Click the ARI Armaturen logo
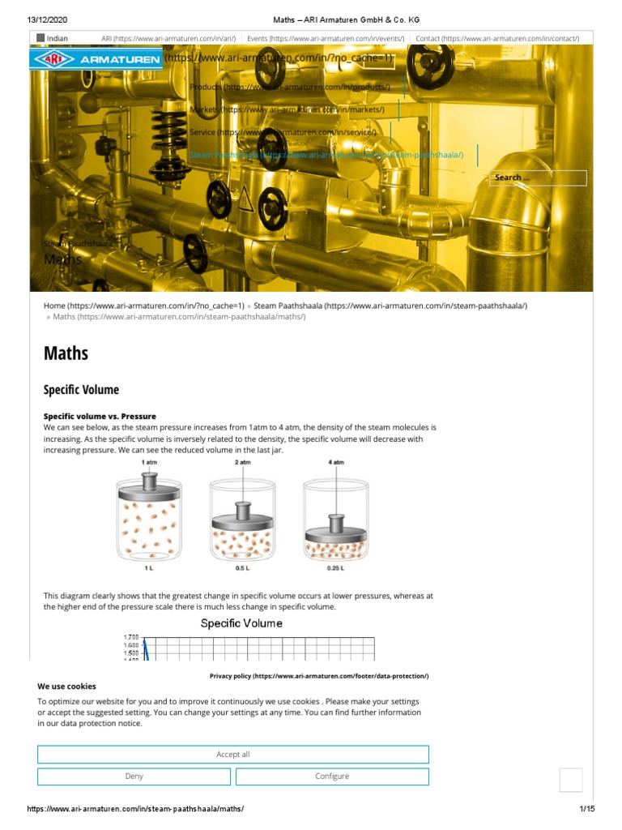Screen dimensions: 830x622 (96, 60)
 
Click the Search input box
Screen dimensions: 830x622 (539, 178)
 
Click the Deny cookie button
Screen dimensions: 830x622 (134, 777)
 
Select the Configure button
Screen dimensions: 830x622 (332, 777)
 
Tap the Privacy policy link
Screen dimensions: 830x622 (319, 675)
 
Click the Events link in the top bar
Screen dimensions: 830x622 (325, 38)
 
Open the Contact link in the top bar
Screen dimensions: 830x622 (496, 38)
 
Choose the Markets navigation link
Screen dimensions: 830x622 (287, 109)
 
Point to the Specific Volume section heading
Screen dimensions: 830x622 (81, 390)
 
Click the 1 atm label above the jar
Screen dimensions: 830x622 (150, 461)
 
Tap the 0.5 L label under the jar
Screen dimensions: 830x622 (242, 568)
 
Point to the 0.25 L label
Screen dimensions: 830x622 (335, 568)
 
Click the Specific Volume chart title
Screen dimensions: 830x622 (241, 623)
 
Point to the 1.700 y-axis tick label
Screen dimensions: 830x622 (130, 637)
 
